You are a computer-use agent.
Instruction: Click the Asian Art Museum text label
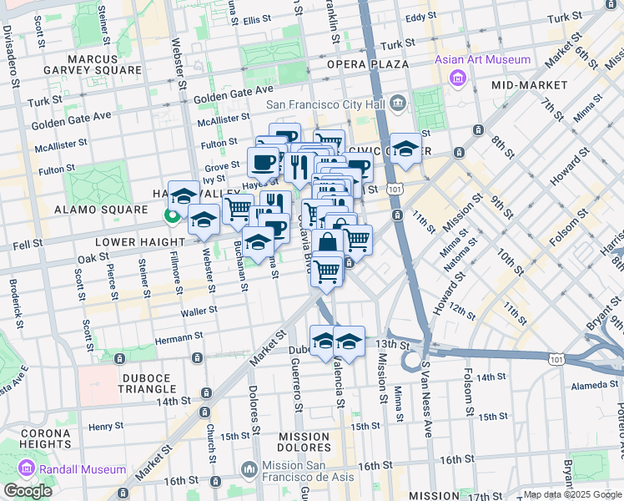[x=482, y=59]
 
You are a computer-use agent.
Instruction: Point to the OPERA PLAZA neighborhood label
[x=367, y=64]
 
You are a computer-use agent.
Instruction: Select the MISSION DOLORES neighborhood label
[x=304, y=443]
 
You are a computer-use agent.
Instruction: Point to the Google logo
[x=28, y=491]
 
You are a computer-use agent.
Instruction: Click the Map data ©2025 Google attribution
[x=571, y=494]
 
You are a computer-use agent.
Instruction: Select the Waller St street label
[x=199, y=310]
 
